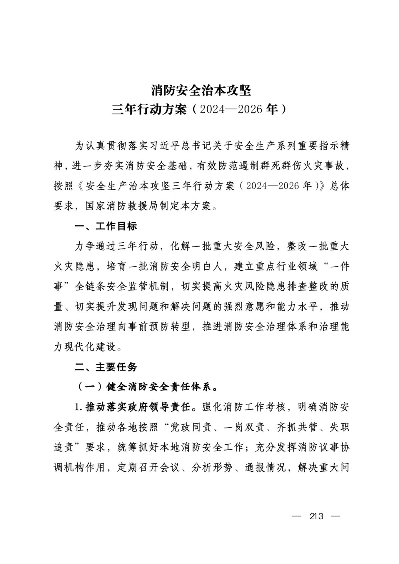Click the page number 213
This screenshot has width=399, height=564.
317,516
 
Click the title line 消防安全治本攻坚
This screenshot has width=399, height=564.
201,90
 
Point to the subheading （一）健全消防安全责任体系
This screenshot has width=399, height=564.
148,387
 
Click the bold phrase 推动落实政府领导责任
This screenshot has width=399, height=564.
138,407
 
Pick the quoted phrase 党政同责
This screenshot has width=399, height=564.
191,427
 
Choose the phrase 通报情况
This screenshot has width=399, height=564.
265,468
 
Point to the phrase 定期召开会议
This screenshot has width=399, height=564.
149,468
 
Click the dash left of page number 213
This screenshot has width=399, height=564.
297,516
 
